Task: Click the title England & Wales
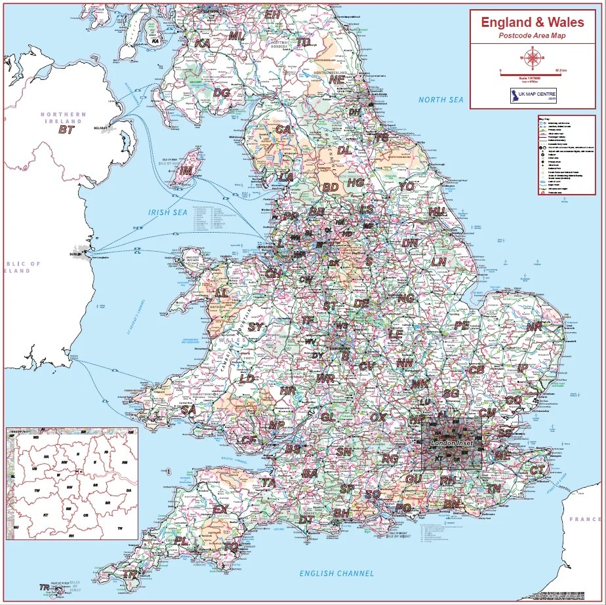click(532, 22)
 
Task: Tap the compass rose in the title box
click(532, 60)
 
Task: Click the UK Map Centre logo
click(533, 96)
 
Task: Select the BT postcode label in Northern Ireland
click(66, 130)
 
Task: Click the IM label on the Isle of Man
click(187, 170)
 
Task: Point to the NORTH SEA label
click(441, 100)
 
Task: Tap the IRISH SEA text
click(168, 212)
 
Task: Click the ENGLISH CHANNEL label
click(336, 574)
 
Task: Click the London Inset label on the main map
click(451, 444)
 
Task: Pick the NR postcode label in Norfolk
click(535, 326)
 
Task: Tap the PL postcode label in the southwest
click(182, 541)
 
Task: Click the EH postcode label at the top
click(272, 14)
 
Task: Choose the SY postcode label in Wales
click(255, 326)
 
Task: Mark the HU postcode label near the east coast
click(437, 212)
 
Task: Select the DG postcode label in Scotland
click(222, 93)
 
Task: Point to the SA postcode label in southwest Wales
click(188, 410)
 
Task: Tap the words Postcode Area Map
click(532, 36)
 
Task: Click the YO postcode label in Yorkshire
click(407, 187)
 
